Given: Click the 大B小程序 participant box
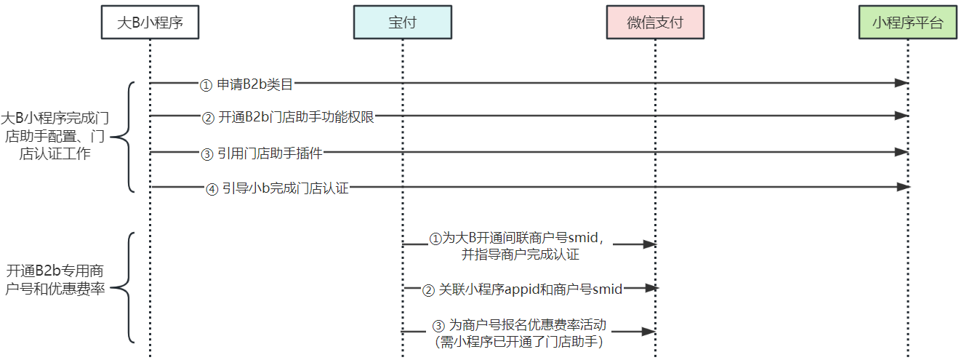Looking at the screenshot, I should [x=150, y=22].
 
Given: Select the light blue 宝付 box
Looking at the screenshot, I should [x=402, y=22].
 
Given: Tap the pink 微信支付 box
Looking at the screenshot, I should [x=655, y=22].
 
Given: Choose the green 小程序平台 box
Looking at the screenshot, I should [x=907, y=22].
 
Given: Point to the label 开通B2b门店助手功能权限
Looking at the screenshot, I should [x=296, y=116].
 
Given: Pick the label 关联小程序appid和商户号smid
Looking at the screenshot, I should [x=531, y=289].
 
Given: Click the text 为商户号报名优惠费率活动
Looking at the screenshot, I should [x=527, y=325].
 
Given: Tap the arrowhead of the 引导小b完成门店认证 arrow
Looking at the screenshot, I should [x=903, y=187].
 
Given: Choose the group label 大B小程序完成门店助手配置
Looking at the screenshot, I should [x=57, y=136].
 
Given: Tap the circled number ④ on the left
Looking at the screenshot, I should [x=212, y=189].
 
